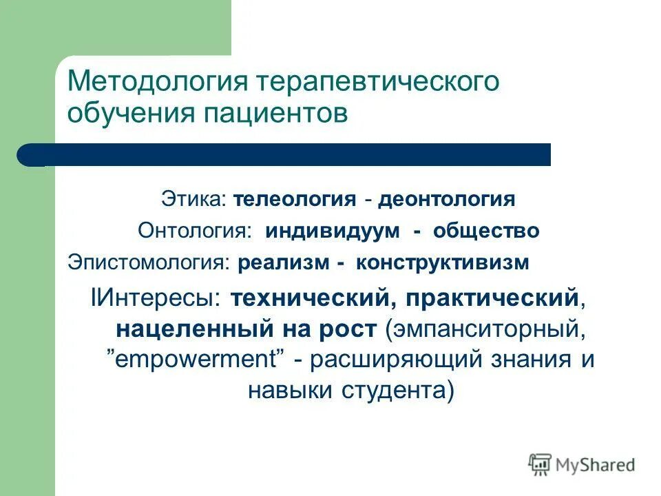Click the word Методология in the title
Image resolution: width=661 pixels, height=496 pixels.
(x=157, y=83)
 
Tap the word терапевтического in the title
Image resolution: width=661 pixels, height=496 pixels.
(x=377, y=83)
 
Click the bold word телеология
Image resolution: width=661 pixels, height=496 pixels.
(x=295, y=200)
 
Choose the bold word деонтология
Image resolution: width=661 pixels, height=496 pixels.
(x=447, y=200)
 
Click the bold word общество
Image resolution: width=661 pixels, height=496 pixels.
(x=486, y=231)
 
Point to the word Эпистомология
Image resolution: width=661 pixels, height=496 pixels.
(x=147, y=262)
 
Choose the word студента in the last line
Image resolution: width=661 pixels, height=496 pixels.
(x=391, y=391)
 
